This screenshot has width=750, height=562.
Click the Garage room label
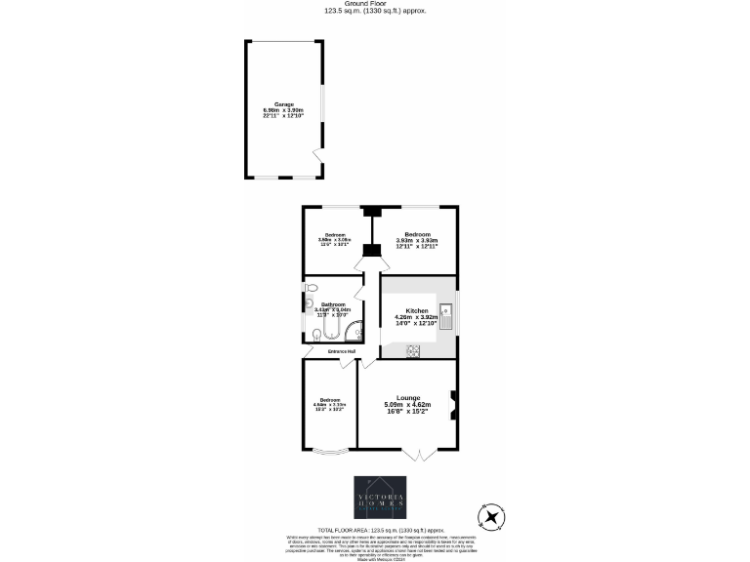284,104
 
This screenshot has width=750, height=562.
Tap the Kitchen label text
416,310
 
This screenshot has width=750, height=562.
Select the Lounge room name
408,397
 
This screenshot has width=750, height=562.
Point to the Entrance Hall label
340,351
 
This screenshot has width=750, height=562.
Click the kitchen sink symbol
445,314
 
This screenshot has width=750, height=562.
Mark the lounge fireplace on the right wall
452,404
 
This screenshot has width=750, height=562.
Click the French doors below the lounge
417,455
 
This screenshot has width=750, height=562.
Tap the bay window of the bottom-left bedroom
329,451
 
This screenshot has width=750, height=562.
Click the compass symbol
491,516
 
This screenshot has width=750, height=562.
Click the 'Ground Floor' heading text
375,5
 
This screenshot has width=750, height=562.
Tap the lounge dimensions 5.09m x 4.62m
408,405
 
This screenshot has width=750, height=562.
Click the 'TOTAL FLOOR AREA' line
374,529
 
